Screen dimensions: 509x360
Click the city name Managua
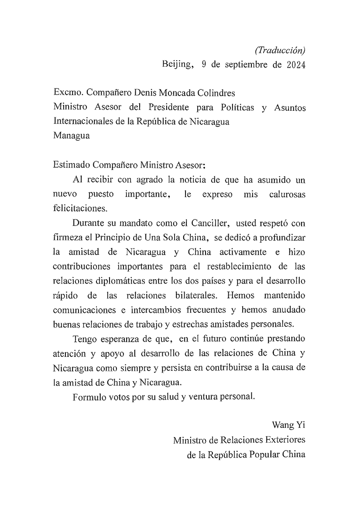pos(72,135)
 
